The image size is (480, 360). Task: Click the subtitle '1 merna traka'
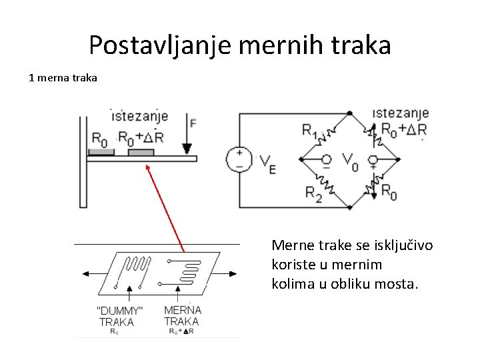coord(63,78)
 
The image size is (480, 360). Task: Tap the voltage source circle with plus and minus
coord(239,159)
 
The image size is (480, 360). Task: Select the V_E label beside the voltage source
coord(266,163)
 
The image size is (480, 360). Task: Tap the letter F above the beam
coord(193,123)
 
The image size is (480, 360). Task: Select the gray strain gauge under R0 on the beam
coord(101,153)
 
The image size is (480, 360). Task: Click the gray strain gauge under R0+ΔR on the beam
coord(141,153)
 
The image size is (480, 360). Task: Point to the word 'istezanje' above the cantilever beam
coord(139,114)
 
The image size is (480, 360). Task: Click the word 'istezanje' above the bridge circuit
coord(401,113)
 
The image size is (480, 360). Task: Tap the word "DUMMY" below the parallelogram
coord(120,310)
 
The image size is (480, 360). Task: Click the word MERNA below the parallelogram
coord(182,310)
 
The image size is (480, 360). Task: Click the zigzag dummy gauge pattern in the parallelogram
coord(139,269)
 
